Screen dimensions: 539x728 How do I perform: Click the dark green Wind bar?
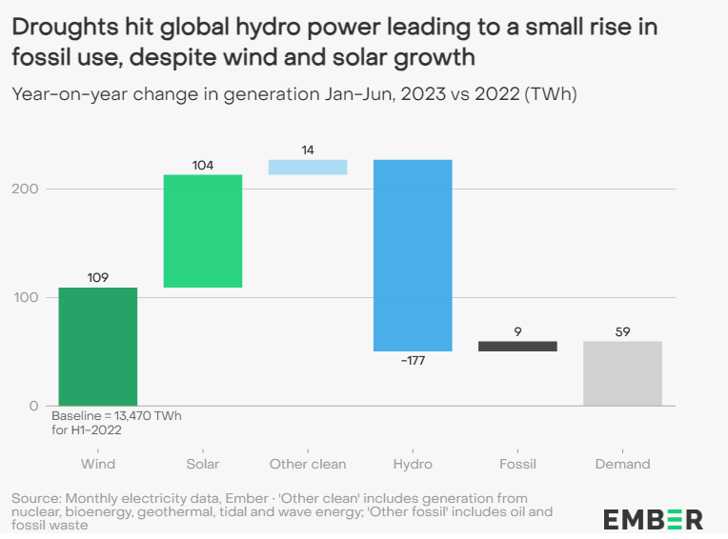[x=97, y=346]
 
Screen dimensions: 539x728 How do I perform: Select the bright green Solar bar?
[x=202, y=230]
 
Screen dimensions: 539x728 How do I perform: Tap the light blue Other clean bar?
[x=308, y=168]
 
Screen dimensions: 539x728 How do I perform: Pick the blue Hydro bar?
[x=413, y=255]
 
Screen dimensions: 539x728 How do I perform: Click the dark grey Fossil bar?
[x=517, y=347]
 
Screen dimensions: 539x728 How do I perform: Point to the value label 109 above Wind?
[x=97, y=278]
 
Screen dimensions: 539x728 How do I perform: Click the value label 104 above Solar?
[x=202, y=165]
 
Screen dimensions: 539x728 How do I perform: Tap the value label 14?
[x=308, y=150]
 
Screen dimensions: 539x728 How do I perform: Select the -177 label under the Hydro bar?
[x=413, y=362]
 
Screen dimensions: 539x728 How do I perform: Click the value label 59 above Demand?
[x=622, y=331]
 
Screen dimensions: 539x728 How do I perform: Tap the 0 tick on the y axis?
[x=34, y=406]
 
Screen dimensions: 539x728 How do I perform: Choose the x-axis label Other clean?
[x=308, y=464]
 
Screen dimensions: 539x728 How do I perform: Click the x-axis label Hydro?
[x=413, y=464]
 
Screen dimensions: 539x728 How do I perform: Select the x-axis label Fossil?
[x=517, y=464]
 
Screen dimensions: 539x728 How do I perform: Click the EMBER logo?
[x=653, y=519]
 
